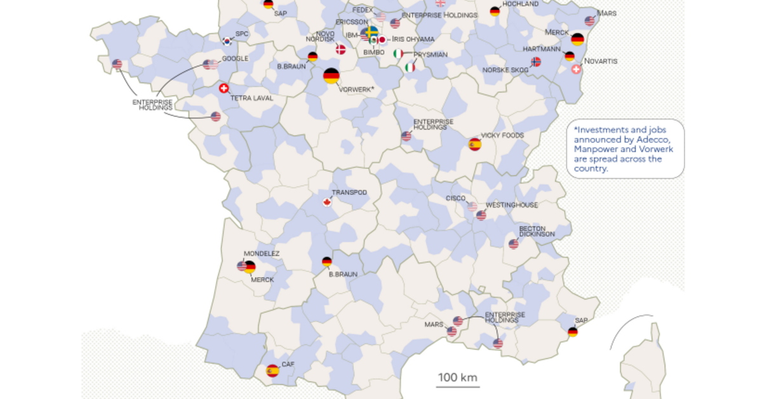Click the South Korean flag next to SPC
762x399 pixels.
click(x=227, y=41)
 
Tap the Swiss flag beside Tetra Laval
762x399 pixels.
click(x=224, y=89)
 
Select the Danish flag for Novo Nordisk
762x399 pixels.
click(x=341, y=49)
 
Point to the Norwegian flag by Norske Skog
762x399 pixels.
click(x=536, y=62)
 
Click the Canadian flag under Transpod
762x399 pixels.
click(x=327, y=202)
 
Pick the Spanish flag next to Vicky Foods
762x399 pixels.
click(x=474, y=144)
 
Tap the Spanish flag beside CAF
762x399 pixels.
click(x=272, y=370)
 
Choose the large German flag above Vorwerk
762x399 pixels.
click(x=331, y=76)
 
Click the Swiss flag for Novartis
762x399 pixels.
click(x=576, y=69)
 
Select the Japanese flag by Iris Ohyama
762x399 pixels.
click(x=382, y=39)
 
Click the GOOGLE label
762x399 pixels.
click(x=235, y=58)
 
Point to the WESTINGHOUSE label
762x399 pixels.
click(x=511, y=205)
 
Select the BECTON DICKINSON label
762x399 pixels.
click(x=537, y=231)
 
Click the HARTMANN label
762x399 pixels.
click(x=542, y=49)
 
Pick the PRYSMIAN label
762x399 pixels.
click(x=430, y=55)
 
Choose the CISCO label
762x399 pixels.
click(x=455, y=198)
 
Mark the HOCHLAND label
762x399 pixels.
click(x=520, y=4)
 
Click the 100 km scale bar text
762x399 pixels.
click(x=457, y=377)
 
